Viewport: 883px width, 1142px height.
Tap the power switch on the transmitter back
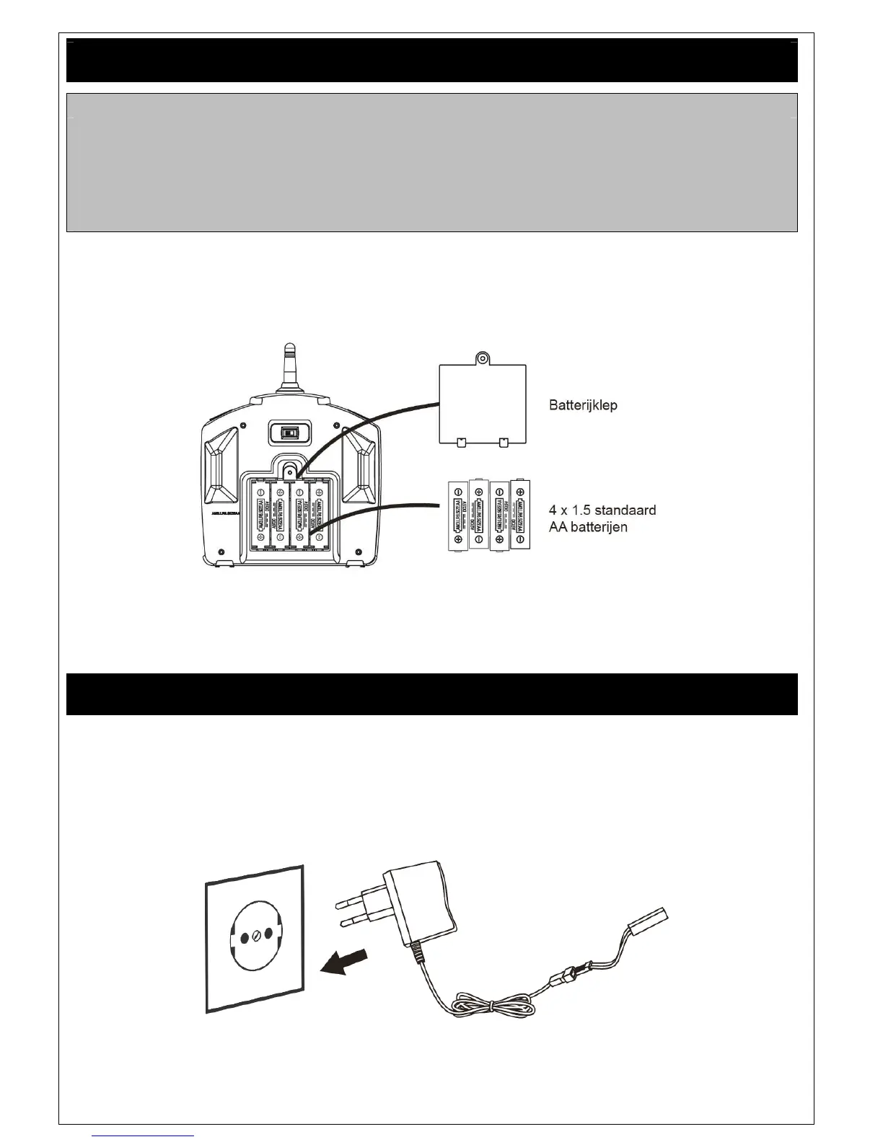(289, 433)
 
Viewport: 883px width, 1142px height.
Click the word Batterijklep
(583, 405)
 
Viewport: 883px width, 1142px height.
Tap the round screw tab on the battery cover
(482, 358)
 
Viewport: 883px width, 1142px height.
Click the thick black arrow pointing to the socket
(344, 962)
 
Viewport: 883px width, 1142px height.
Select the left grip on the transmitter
(221, 464)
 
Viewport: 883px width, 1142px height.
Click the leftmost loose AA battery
(457, 516)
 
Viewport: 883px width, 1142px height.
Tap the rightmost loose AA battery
(520, 516)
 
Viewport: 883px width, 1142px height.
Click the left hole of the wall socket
(242, 937)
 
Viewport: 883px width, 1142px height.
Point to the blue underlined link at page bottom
(144, 1136)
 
